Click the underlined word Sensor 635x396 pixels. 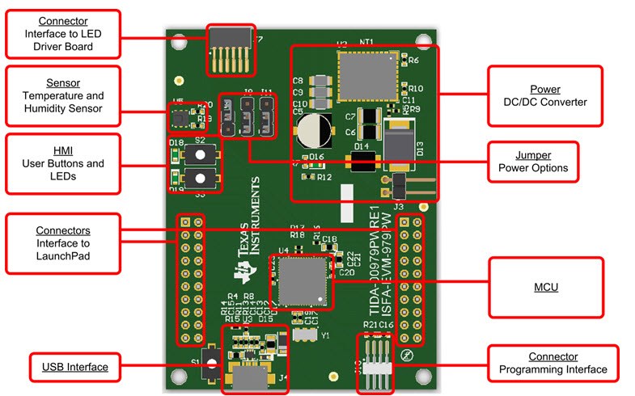63,82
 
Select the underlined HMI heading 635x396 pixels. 63,150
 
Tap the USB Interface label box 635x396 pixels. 74,367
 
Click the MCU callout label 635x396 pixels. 546,287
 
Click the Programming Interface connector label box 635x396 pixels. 553,363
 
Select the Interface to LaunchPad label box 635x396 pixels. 63,238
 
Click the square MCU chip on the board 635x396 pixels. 300,283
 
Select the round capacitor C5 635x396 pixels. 311,131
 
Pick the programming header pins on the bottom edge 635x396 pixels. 378,356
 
